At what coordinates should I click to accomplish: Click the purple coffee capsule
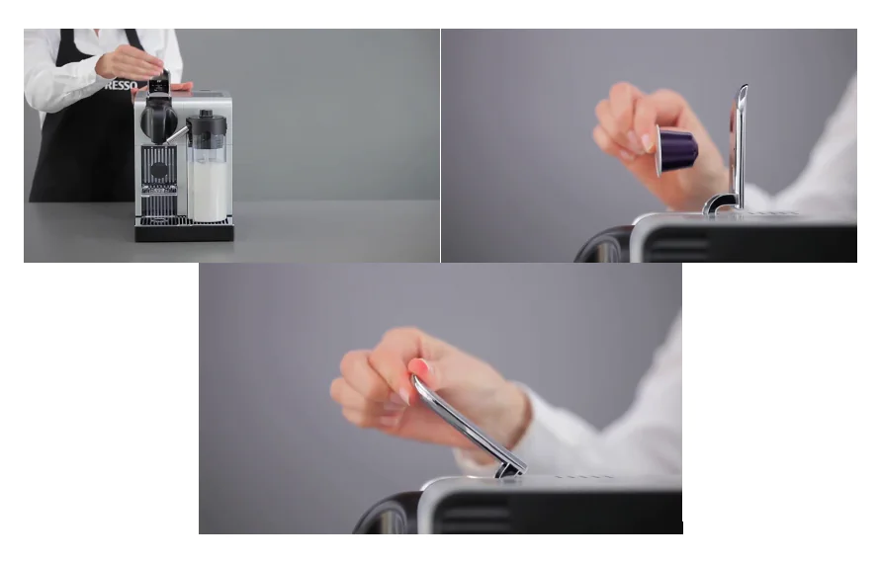tap(679, 150)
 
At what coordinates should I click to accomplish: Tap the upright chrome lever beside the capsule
tap(738, 138)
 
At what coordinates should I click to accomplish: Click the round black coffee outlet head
tap(158, 120)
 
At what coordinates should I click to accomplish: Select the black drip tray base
tap(185, 231)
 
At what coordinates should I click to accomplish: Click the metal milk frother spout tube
tap(177, 133)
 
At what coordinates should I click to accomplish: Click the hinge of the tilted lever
tap(509, 468)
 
